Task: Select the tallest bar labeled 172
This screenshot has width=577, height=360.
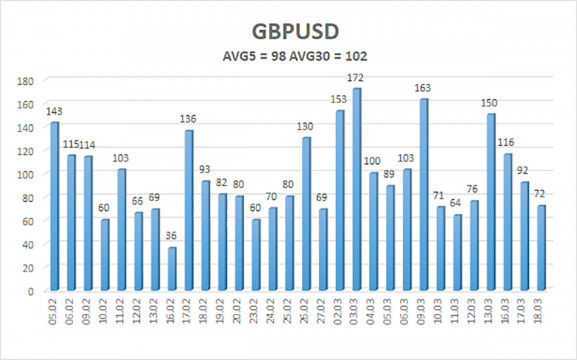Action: (356, 190)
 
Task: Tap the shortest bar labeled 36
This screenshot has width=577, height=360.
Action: (171, 269)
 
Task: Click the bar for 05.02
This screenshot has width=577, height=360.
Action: (54, 206)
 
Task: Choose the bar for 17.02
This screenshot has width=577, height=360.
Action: (188, 211)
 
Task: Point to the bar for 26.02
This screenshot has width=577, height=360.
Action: (306, 214)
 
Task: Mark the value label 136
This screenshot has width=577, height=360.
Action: (188, 119)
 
